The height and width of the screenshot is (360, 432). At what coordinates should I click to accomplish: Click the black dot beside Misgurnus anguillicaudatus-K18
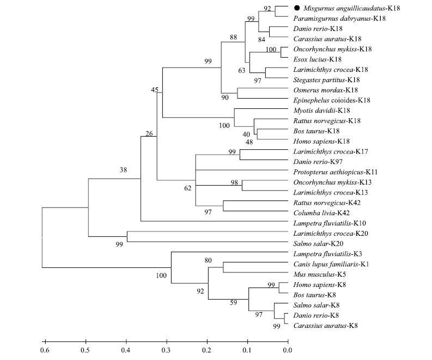point(296,8)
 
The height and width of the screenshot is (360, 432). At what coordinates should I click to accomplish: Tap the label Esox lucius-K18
point(318,59)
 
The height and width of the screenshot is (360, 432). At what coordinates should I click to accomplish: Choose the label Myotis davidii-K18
point(319,111)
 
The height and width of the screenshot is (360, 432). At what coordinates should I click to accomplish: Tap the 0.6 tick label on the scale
point(44,350)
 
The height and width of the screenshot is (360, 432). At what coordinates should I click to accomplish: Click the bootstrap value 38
point(124,170)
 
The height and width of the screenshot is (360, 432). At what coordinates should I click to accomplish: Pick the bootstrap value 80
point(207,260)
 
